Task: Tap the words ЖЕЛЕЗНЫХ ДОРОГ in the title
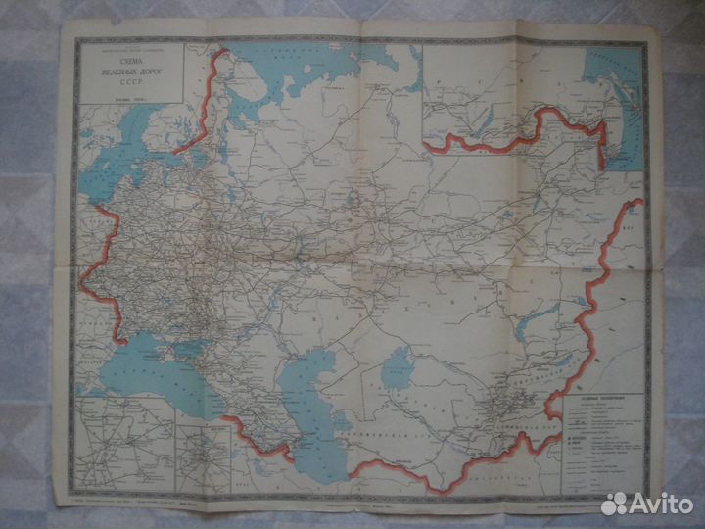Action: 124,72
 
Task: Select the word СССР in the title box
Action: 124,82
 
